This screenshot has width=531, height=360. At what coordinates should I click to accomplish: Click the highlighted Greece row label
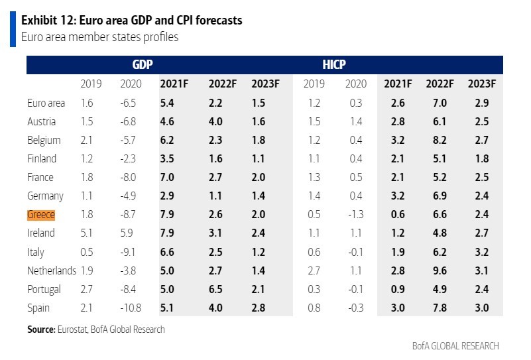click(x=41, y=215)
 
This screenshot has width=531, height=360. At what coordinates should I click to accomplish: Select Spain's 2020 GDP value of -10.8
click(x=130, y=308)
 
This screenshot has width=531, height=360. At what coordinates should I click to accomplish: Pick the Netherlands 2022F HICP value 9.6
click(x=439, y=271)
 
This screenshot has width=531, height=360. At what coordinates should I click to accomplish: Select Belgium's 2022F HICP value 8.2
click(x=439, y=141)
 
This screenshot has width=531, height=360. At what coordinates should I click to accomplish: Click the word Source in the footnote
click(x=40, y=330)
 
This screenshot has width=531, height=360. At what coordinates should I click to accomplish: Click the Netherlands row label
click(x=52, y=271)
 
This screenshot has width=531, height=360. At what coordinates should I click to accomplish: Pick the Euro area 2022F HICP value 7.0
click(x=439, y=103)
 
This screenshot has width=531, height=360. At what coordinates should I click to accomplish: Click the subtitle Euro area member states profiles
click(x=100, y=37)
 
